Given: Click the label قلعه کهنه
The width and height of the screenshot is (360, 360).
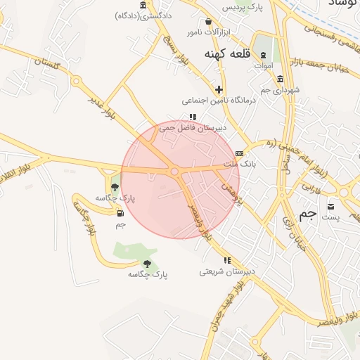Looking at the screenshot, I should (228, 53).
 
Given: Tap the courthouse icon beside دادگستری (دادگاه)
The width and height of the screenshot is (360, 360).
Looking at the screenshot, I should (143, 6).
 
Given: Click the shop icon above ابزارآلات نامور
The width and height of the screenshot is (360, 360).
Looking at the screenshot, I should (208, 22).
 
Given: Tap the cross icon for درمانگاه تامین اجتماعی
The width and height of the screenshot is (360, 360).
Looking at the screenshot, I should (219, 89).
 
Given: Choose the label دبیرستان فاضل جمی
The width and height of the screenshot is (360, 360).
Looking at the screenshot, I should (193, 128).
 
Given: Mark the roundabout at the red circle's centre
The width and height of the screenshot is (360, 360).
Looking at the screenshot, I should (174, 171).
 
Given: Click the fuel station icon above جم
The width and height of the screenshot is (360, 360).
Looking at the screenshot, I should (120, 213).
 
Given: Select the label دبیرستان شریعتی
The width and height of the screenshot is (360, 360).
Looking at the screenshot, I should (227, 271).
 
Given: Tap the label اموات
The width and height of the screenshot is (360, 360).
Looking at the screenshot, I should (263, 65).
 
